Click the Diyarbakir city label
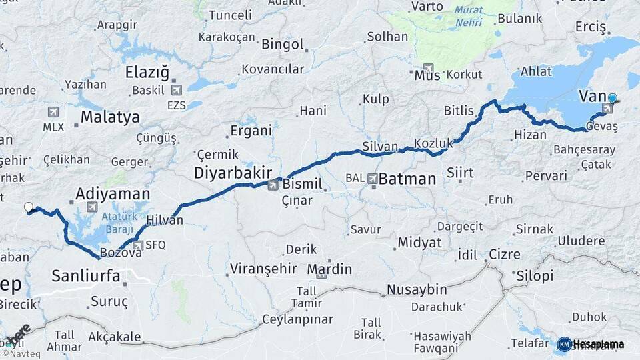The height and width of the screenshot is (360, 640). point(233,173)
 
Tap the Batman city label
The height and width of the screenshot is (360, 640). point(407,179)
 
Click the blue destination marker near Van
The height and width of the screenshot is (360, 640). point(612,98)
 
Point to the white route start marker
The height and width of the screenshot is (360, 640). point(29,207)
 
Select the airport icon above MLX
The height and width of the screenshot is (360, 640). point(53,113)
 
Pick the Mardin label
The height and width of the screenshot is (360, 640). point(329,269)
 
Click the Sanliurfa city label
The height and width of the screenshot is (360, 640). point(85,275)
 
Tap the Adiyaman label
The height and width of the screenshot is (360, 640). point(113,194)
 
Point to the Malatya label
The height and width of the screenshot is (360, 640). point(110,117)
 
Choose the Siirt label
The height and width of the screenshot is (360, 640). point(460,173)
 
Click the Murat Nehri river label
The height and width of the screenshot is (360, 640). point(469,16)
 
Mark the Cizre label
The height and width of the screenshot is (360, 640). point(505,254)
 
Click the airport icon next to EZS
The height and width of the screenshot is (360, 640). point(176,90)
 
